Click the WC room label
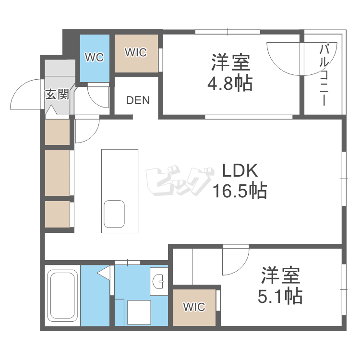coord(94,58)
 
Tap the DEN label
coord(138,101)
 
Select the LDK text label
coord(240,171)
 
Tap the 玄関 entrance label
coord(57,94)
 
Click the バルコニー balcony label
coord(324,74)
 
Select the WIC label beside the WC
coord(136,52)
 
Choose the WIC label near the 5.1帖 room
coord(194,307)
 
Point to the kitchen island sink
coord(114,214)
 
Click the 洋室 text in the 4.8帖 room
coord(230,63)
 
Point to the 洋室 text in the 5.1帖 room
coord(281,276)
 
